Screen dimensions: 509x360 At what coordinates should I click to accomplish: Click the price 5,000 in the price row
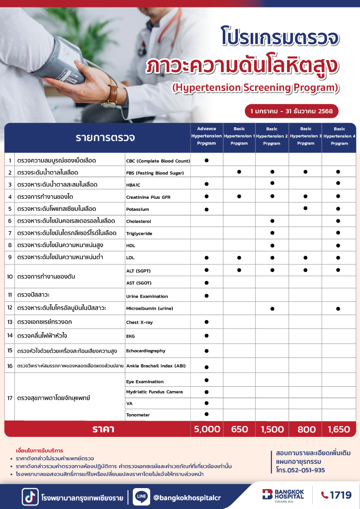pyautogui.click(x=206, y=429)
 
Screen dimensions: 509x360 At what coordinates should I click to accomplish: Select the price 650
pyautogui.click(x=239, y=429)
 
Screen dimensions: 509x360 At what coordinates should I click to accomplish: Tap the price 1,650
pyautogui.click(x=339, y=429)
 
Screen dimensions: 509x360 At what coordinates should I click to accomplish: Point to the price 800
pyautogui.click(x=305, y=429)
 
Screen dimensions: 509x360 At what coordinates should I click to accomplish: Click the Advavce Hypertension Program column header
pyautogui.click(x=206, y=136)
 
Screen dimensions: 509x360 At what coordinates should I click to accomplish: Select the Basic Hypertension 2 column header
pyautogui.click(x=271, y=136)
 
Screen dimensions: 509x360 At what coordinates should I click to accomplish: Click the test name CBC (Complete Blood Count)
pyautogui.click(x=158, y=161)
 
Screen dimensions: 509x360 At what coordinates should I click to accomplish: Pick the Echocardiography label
pyautogui.click(x=146, y=351)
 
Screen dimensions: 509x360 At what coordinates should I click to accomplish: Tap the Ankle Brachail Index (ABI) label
pyautogui.click(x=156, y=366)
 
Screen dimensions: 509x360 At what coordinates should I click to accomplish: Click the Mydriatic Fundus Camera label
pyautogui.click(x=155, y=392)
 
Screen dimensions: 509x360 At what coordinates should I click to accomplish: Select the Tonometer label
pyautogui.click(x=138, y=415)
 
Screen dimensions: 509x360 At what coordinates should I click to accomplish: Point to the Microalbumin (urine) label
pyautogui.click(x=150, y=309)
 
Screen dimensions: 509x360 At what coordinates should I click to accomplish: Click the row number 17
pyautogui.click(x=10, y=398)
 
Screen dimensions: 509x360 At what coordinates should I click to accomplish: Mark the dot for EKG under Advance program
pyautogui.click(x=206, y=336)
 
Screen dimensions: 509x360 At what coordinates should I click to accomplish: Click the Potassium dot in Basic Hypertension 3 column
pyautogui.click(x=305, y=208)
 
